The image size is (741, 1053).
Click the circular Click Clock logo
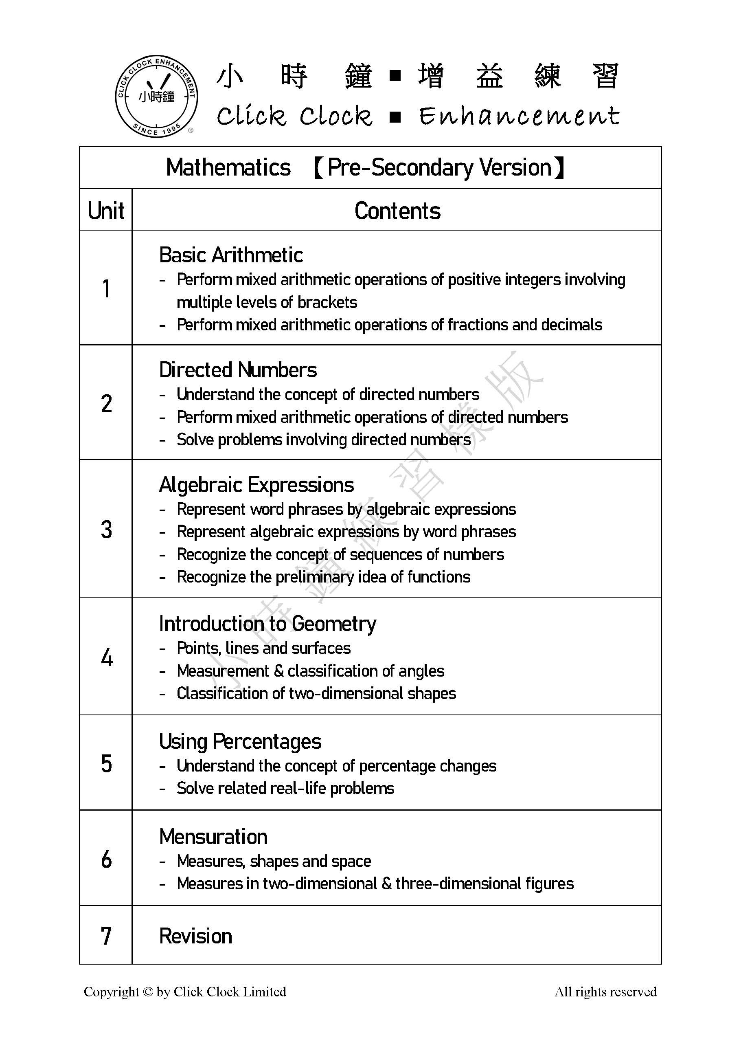click(x=156, y=96)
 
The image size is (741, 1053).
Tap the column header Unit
click(x=106, y=211)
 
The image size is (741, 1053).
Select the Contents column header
click(x=397, y=211)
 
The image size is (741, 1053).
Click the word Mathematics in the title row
click(x=228, y=167)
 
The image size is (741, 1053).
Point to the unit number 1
click(x=106, y=289)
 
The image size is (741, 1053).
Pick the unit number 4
click(x=106, y=657)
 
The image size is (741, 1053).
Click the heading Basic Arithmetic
click(x=231, y=255)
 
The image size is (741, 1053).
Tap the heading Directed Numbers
click(x=238, y=369)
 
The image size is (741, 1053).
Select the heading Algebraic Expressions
click(x=256, y=485)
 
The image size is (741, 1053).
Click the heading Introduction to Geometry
click(x=267, y=624)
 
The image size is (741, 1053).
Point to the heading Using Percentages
click(x=240, y=741)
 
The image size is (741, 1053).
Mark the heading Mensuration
click(x=214, y=837)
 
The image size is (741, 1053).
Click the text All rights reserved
click(x=605, y=992)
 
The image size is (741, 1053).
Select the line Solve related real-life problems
click(x=285, y=788)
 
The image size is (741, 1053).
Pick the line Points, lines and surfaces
click(x=263, y=648)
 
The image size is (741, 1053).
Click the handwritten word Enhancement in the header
click(x=519, y=116)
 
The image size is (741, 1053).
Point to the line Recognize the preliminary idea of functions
click(x=324, y=576)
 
